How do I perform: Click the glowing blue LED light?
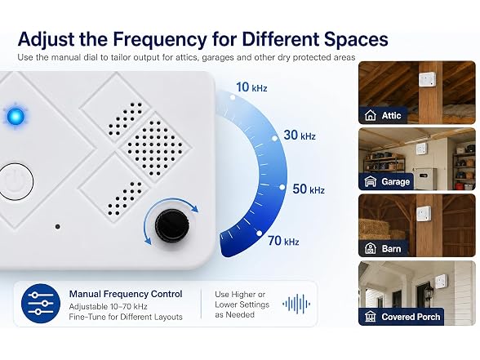point(16,117)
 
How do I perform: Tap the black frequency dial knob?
point(171,224)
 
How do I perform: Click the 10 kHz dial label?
point(251,87)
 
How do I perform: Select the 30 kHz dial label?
point(300,135)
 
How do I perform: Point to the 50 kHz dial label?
point(309,189)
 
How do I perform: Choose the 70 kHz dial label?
point(283,241)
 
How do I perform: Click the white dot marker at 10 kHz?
point(233,97)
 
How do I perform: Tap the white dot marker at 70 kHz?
point(259,233)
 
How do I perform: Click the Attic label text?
point(391,115)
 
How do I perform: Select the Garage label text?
point(395,182)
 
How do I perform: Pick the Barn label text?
point(391,248)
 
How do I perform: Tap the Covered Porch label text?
point(411,317)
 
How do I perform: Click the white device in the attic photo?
point(426,80)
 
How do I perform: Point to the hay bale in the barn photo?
point(374,229)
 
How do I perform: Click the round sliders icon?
point(41,304)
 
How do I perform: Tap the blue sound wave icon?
point(296,304)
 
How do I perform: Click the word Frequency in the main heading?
point(160,39)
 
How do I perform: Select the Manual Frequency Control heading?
point(126,294)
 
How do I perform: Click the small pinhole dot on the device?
point(57,227)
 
